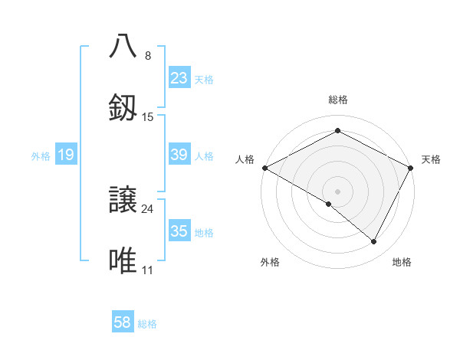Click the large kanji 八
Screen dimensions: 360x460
click(x=124, y=46)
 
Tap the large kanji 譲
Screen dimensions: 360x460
click(x=124, y=199)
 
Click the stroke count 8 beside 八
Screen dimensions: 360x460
click(x=148, y=55)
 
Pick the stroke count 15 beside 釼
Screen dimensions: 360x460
click(x=148, y=117)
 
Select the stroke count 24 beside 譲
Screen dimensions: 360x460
click(x=148, y=208)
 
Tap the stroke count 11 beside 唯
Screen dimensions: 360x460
click(x=148, y=270)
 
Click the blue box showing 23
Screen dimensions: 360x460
click(x=179, y=78)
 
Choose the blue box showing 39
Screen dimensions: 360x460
click(x=179, y=155)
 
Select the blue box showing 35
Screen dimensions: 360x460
click(x=179, y=231)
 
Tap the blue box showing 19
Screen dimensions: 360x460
click(x=66, y=155)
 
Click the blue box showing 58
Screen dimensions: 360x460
click(x=123, y=322)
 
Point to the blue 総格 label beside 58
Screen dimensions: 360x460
click(x=147, y=324)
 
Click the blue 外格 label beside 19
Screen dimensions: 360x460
click(x=41, y=156)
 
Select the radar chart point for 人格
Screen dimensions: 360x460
click(x=264, y=168)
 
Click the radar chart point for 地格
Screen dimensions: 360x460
click(x=374, y=242)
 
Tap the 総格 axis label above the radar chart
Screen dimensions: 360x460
click(x=338, y=100)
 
